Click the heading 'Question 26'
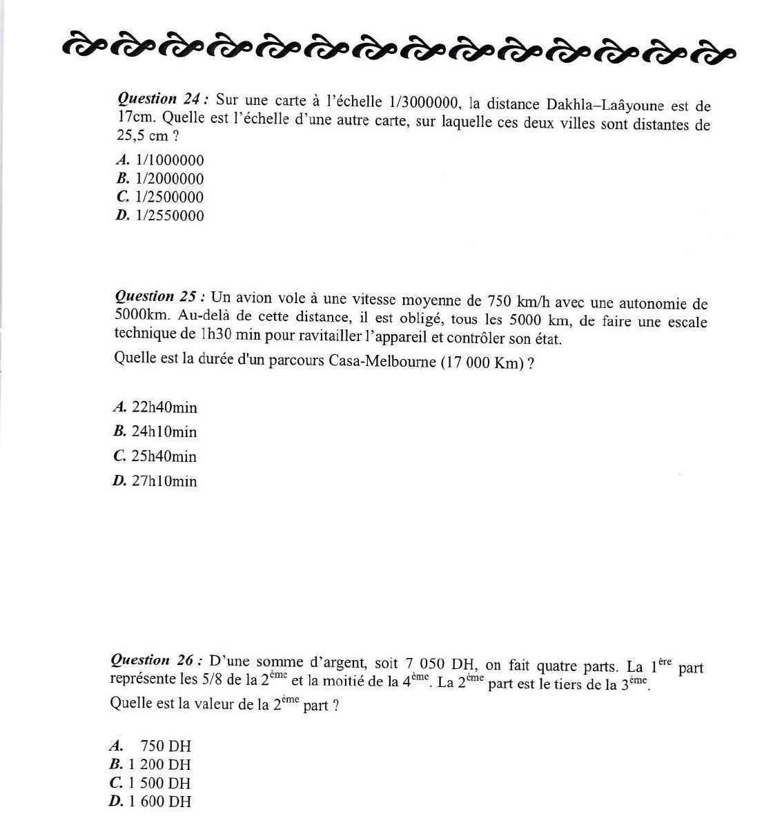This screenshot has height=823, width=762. [155, 660]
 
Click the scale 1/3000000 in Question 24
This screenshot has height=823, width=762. [424, 104]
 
